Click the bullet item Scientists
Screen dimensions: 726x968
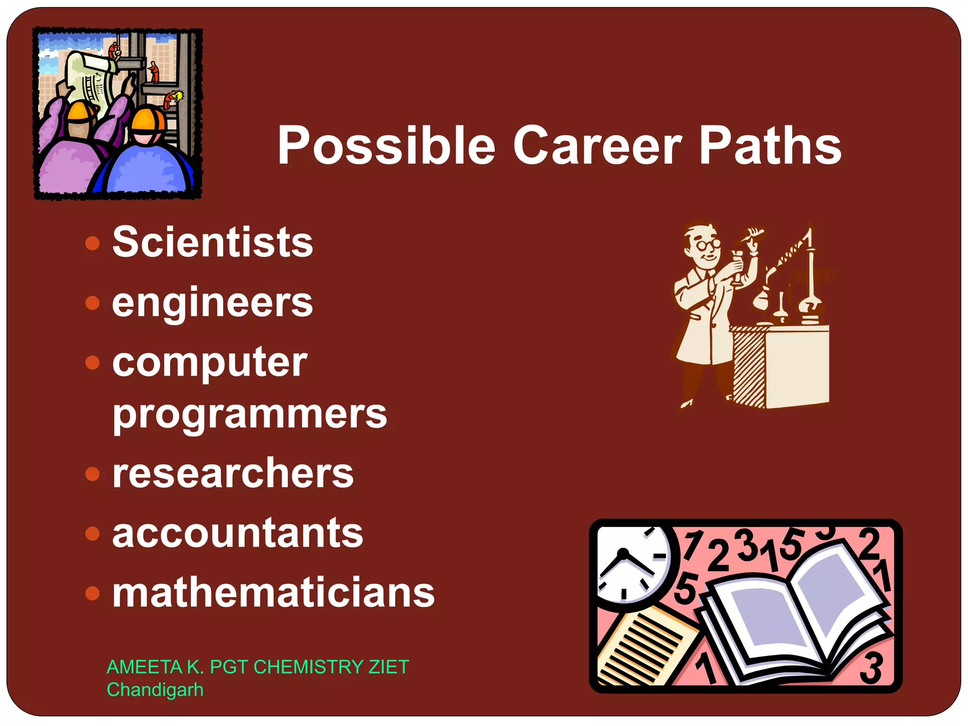[x=213, y=242]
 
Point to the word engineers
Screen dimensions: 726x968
[x=213, y=302]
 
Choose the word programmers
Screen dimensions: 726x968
[x=250, y=414]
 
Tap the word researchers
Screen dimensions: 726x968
[x=233, y=474]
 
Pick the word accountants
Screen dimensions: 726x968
[x=238, y=533]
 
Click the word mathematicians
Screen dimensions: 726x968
[x=274, y=593]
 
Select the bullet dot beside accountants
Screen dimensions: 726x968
[x=93, y=534]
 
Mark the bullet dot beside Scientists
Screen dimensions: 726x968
[x=93, y=243]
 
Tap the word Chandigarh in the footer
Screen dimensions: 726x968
[x=155, y=690]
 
